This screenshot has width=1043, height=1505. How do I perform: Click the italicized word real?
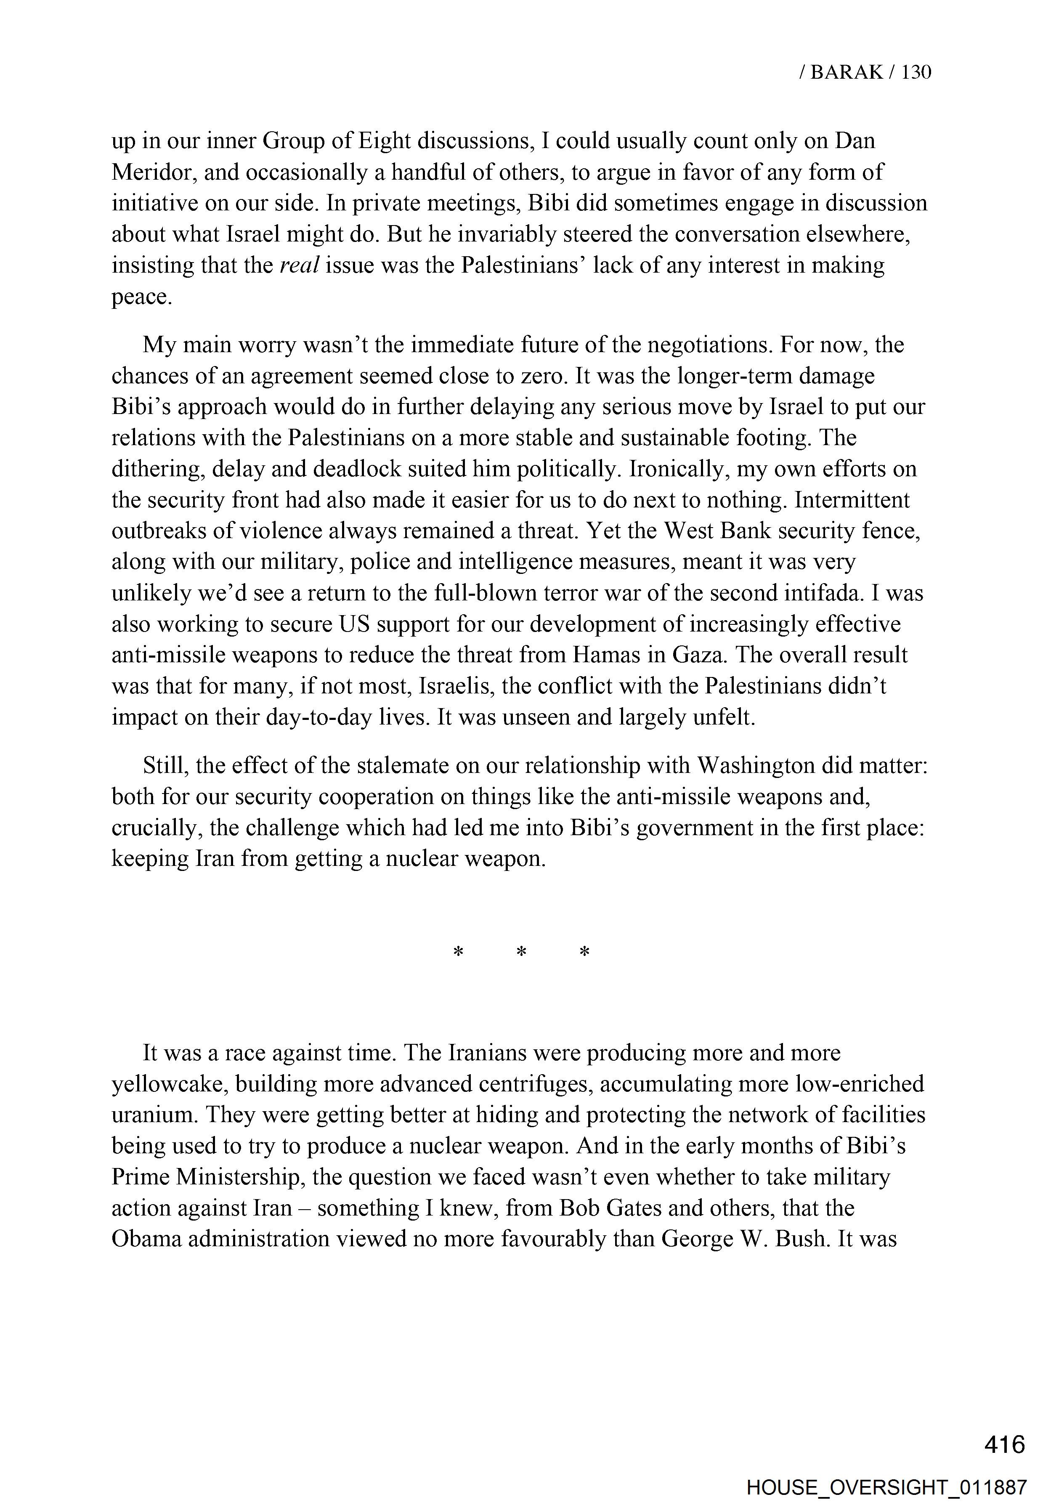tap(299, 266)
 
